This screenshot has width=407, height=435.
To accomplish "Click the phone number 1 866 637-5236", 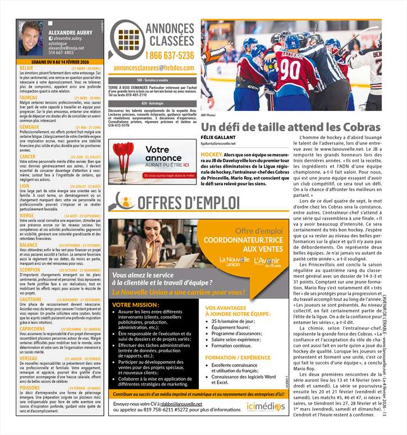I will [169, 55].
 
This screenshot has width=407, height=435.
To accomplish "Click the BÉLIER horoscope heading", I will [26, 68].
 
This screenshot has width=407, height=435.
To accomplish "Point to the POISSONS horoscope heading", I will [30, 387].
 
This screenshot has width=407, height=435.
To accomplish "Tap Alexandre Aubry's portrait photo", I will [30, 38].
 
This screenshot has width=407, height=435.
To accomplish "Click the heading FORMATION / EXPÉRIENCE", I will [238, 357].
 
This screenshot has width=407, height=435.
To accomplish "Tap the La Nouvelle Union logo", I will [235, 262].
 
